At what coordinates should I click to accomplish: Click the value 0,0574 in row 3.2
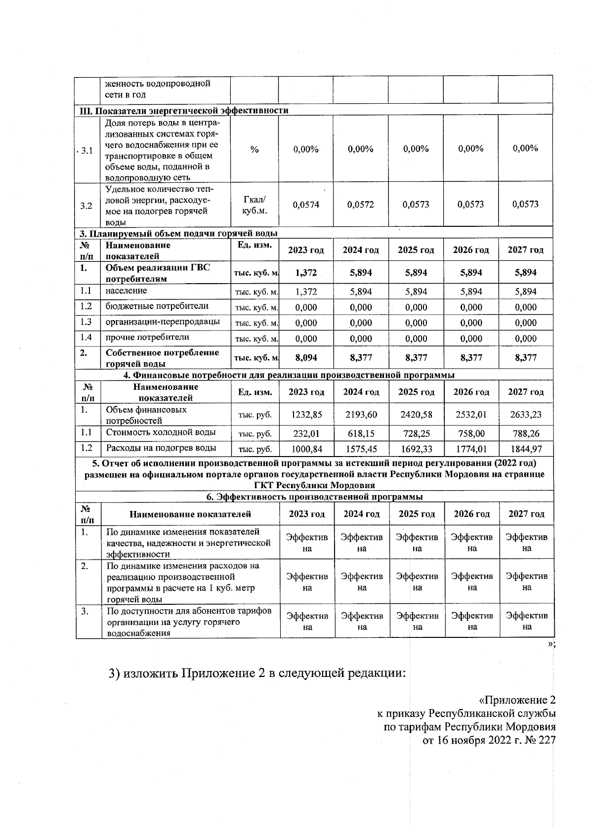coord(306,205)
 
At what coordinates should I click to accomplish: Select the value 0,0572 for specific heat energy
coord(361,205)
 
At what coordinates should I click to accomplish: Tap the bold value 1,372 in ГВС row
coord(306,273)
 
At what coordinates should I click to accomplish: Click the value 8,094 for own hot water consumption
coord(306,358)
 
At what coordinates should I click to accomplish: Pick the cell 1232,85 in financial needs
coord(306,415)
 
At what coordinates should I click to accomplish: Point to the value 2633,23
coord(526,415)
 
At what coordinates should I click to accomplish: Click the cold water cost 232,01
coord(306,433)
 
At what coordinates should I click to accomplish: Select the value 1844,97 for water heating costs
coord(526,449)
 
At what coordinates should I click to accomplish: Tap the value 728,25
coord(416,433)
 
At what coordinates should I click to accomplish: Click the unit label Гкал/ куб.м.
coord(254,205)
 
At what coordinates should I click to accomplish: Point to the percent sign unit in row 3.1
coord(254,149)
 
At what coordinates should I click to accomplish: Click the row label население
coord(126,291)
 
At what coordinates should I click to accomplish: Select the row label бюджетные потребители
coord(157,306)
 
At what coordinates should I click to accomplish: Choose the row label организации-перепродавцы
coord(163,322)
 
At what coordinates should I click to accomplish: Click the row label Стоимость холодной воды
coord(161,432)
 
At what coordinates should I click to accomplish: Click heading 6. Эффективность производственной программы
coord(314,497)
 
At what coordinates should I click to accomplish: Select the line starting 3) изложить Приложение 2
coord(257,673)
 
